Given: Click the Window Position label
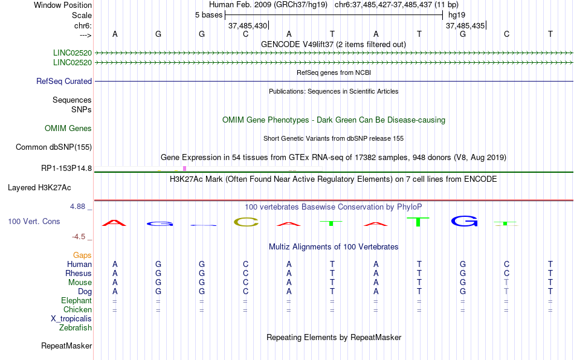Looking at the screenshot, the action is pyautogui.click(x=63, y=5).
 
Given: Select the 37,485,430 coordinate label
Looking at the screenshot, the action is pyautogui.click(x=248, y=25).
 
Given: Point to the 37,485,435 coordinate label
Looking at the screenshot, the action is pyautogui.click(x=465, y=25).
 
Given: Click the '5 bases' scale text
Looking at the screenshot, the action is pyautogui.click(x=208, y=15).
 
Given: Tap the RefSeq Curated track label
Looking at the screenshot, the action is pyautogui.click(x=64, y=81).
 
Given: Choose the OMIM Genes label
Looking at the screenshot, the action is pyautogui.click(x=68, y=129).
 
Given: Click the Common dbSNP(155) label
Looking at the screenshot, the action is pyautogui.click(x=54, y=147).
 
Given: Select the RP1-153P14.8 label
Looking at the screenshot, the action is pyautogui.click(x=66, y=169).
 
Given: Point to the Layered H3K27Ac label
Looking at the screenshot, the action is pyautogui.click(x=39, y=188).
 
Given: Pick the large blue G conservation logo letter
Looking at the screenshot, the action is pyautogui.click(x=464, y=221).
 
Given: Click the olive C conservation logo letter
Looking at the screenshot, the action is pyautogui.click(x=246, y=222).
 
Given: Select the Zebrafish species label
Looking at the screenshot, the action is pyautogui.click(x=76, y=328).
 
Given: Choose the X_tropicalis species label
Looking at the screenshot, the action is pyautogui.click(x=71, y=319).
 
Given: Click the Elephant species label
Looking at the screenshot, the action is pyautogui.click(x=76, y=300).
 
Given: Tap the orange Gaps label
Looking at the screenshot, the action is pyautogui.click(x=82, y=255).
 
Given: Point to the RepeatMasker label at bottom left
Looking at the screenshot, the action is pyautogui.click(x=66, y=346).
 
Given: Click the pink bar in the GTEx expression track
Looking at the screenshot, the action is pyautogui.click(x=184, y=169).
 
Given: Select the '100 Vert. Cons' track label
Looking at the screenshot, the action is pyautogui.click(x=34, y=221).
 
